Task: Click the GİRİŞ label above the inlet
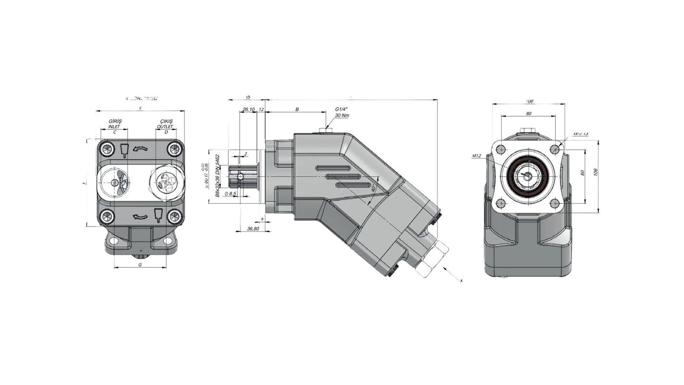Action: pyautogui.click(x=114, y=121)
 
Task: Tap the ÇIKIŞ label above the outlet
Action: pyautogui.click(x=165, y=121)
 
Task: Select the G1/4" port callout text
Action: pyautogui.click(x=341, y=109)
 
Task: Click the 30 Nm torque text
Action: pyautogui.click(x=341, y=115)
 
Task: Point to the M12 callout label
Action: pyautogui.click(x=477, y=156)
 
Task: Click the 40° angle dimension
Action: pyautogui.click(x=373, y=188)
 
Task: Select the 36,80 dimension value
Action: pyautogui.click(x=253, y=229)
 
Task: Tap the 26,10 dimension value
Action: pyautogui.click(x=248, y=109)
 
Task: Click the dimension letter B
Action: pyautogui.click(x=297, y=109)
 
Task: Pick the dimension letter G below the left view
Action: pyautogui.click(x=140, y=265)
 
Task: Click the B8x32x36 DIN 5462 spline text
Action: pyautogui.click(x=217, y=175)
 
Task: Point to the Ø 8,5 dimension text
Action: pyautogui.click(x=231, y=194)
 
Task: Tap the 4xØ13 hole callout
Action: pyautogui.click(x=580, y=134)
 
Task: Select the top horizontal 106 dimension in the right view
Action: pyautogui.click(x=529, y=102)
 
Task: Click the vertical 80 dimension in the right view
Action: pyautogui.click(x=582, y=173)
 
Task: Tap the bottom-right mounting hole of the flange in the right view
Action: pyautogui.click(x=555, y=204)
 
